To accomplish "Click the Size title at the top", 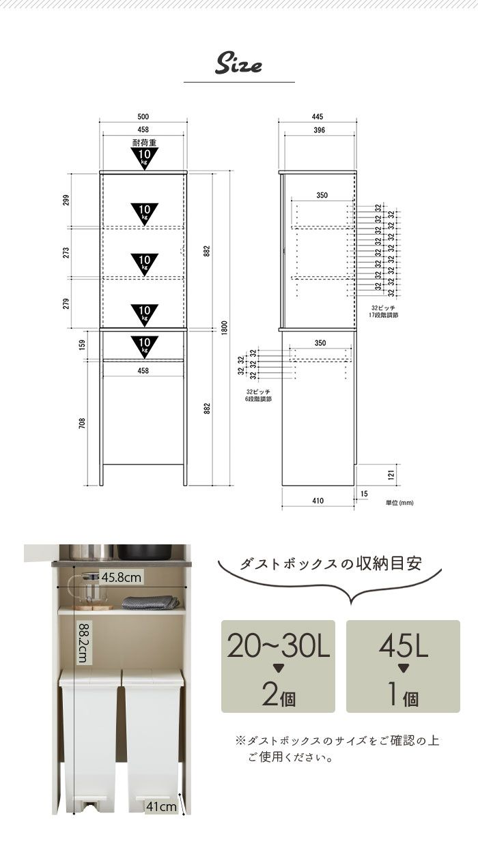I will [x=238, y=65].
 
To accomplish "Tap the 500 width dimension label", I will [x=143, y=117].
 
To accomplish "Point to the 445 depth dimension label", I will [x=318, y=117].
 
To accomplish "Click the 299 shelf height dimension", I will [x=66, y=200].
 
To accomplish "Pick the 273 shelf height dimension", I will [x=66, y=252].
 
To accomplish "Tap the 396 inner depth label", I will [x=319, y=130].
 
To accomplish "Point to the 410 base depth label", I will [x=318, y=501].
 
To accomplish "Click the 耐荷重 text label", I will [x=144, y=143].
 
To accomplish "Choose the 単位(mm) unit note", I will [x=399, y=503].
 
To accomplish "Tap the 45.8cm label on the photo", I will [x=122, y=578].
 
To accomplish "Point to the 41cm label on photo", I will [x=161, y=807].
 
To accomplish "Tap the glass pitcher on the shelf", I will [x=89, y=591].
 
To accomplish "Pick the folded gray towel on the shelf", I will [x=150, y=602].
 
